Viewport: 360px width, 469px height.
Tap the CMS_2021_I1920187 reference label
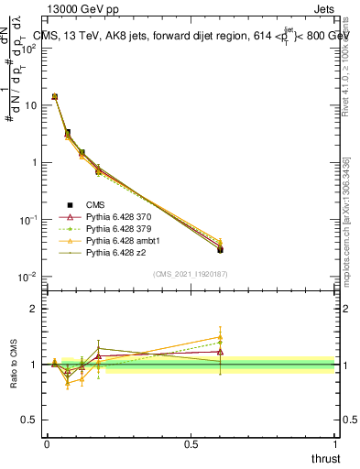click(190, 273)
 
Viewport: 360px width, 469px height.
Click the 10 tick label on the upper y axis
click(30, 105)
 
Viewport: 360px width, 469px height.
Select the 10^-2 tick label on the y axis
click(28, 277)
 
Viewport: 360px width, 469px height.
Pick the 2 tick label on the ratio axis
click(35, 309)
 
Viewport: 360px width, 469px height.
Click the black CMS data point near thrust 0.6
click(220, 249)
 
